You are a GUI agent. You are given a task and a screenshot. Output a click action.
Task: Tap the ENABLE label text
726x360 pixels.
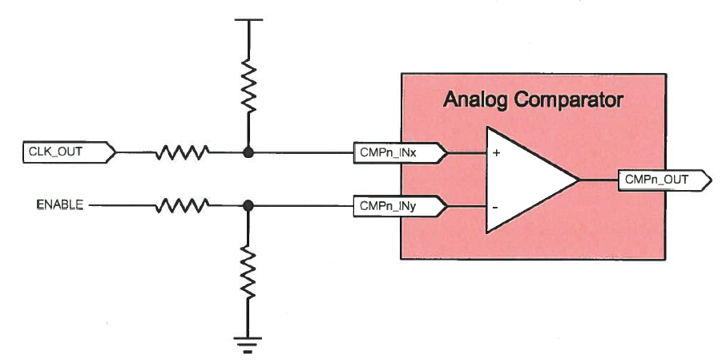60,205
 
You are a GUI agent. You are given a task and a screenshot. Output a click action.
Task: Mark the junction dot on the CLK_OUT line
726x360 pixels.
248,151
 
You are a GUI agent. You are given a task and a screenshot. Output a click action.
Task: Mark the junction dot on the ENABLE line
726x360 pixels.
248,206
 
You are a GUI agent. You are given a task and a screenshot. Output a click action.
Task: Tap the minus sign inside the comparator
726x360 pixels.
497,206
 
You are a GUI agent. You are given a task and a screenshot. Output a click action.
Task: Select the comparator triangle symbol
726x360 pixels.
525,179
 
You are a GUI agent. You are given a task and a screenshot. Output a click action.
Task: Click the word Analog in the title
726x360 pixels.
476,101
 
